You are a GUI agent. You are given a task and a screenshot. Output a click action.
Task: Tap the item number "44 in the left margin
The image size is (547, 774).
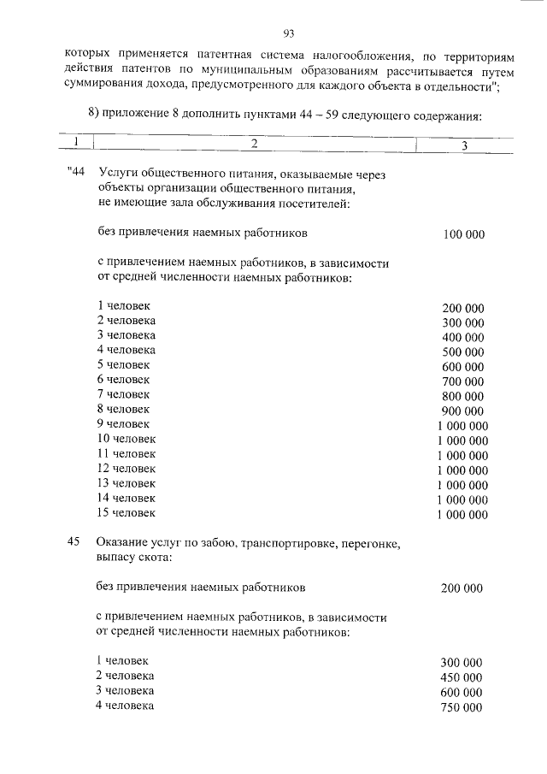point(77,174)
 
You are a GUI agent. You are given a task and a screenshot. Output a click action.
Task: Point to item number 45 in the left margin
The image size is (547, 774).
point(74,542)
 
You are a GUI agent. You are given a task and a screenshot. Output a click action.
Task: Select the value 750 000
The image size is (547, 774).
point(462,707)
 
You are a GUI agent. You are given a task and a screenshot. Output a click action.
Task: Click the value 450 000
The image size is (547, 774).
point(462,677)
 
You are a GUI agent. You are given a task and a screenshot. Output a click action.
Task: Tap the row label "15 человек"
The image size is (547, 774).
point(126,512)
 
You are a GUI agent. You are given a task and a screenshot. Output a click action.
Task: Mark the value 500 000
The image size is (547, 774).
point(463,352)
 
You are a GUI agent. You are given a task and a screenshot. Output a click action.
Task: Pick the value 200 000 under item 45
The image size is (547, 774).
point(462,588)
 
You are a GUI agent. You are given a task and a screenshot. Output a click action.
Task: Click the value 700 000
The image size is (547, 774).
point(463,381)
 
